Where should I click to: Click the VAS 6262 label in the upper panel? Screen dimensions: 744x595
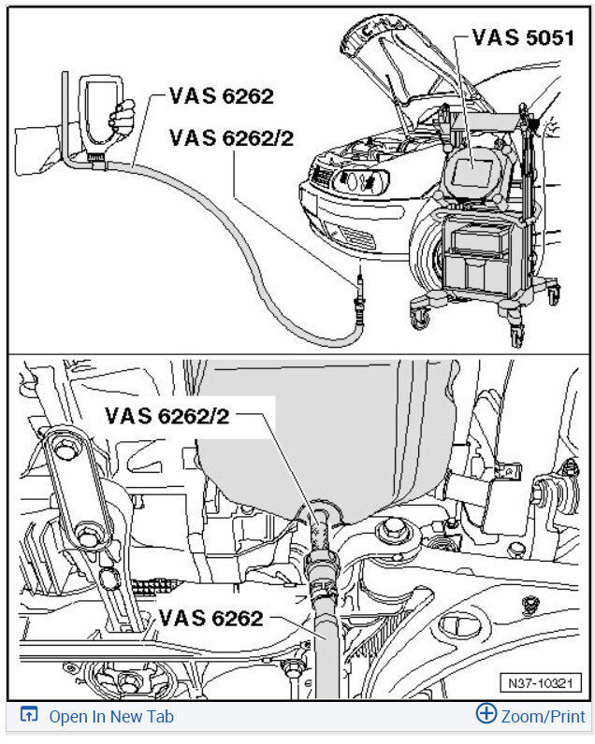221,96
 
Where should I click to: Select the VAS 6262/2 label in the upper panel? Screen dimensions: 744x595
232,138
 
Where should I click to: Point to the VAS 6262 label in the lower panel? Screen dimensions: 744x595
210,618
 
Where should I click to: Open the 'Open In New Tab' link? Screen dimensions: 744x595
110,717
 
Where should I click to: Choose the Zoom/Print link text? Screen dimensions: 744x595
543,717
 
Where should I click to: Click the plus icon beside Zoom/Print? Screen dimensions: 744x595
486,715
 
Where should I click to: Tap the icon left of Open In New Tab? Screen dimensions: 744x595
29,716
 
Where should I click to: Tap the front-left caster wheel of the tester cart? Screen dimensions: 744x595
418,314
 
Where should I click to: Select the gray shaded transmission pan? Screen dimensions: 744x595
309,439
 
